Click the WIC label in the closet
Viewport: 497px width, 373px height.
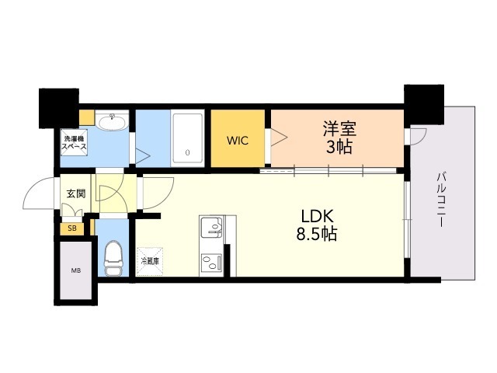pyautogui.click(x=238, y=141)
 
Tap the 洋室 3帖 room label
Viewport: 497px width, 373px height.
pyautogui.click(x=338, y=137)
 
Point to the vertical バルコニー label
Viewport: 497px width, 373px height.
pyautogui.click(x=440, y=199)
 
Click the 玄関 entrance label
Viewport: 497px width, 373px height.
pyautogui.click(x=75, y=193)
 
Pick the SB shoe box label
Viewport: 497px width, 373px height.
pyautogui.click(x=72, y=228)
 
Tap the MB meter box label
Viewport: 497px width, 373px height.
pyautogui.click(x=75, y=271)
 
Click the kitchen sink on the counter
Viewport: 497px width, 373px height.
pyautogui.click(x=211, y=228)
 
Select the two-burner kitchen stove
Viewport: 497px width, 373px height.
pyautogui.click(x=211, y=261)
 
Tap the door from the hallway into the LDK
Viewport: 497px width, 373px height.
pyautogui.click(x=158, y=191)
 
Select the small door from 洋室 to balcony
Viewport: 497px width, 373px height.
pyautogui.click(x=415, y=135)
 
